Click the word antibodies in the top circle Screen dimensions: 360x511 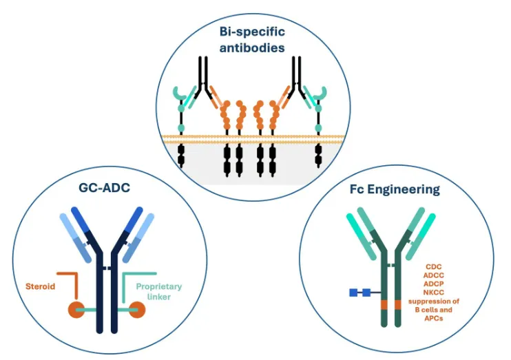pyautogui.click(x=253, y=48)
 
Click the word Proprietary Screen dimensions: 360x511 pyautogui.click(x=157, y=286)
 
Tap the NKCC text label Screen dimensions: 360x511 pyautogui.click(x=433, y=292)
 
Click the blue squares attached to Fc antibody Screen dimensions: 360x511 pyautogui.click(x=359, y=293)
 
